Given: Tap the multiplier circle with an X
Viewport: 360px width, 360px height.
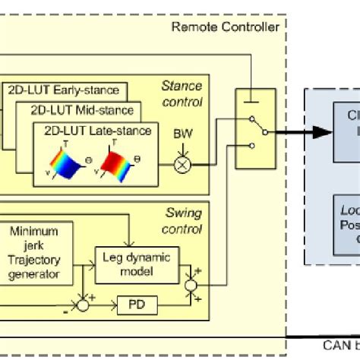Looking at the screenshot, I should click(x=183, y=164).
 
